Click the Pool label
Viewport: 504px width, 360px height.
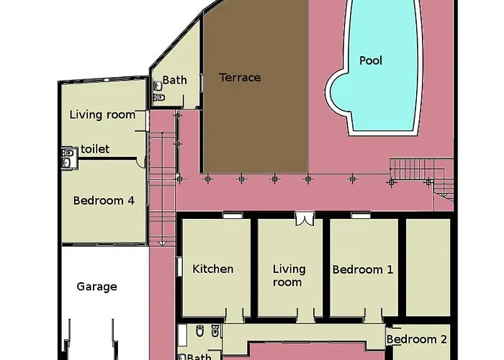tap(371, 60)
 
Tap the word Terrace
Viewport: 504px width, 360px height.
tap(240, 78)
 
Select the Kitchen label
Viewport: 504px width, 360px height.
tap(213, 269)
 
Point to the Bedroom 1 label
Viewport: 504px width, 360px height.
tap(363, 269)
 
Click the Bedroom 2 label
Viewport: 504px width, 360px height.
tap(417, 339)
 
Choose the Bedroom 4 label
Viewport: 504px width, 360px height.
tap(104, 201)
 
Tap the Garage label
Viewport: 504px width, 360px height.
tap(96, 287)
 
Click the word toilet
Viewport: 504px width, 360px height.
tap(95, 149)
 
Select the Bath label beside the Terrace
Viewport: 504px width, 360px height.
tap(174, 80)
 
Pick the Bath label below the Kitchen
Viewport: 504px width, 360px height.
tap(199, 356)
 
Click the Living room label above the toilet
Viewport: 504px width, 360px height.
tap(102, 114)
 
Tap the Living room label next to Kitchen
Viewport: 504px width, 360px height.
tap(289, 276)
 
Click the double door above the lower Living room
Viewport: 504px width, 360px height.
tap(305, 219)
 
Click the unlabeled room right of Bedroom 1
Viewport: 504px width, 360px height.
tap(428, 267)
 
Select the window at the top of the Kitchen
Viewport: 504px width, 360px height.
tap(233, 215)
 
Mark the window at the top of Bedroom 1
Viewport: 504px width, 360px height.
tap(360, 215)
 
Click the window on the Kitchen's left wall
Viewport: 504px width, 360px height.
tap(180, 266)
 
